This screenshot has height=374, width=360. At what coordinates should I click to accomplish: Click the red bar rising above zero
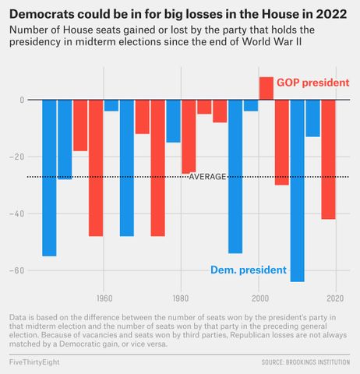266,89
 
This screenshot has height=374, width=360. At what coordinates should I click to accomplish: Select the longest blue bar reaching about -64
297,190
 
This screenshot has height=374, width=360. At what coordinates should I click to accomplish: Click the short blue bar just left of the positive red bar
251,106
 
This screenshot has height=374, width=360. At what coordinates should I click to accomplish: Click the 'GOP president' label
312,83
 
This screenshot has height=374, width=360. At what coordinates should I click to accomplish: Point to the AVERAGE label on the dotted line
207,177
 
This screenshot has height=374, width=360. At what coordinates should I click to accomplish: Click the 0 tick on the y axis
23,101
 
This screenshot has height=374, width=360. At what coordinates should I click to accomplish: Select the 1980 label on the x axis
181,298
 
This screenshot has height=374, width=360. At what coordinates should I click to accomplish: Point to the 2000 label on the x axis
258,298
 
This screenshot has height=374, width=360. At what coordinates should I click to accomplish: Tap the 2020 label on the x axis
335,298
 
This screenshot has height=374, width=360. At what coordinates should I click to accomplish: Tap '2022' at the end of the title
330,14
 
